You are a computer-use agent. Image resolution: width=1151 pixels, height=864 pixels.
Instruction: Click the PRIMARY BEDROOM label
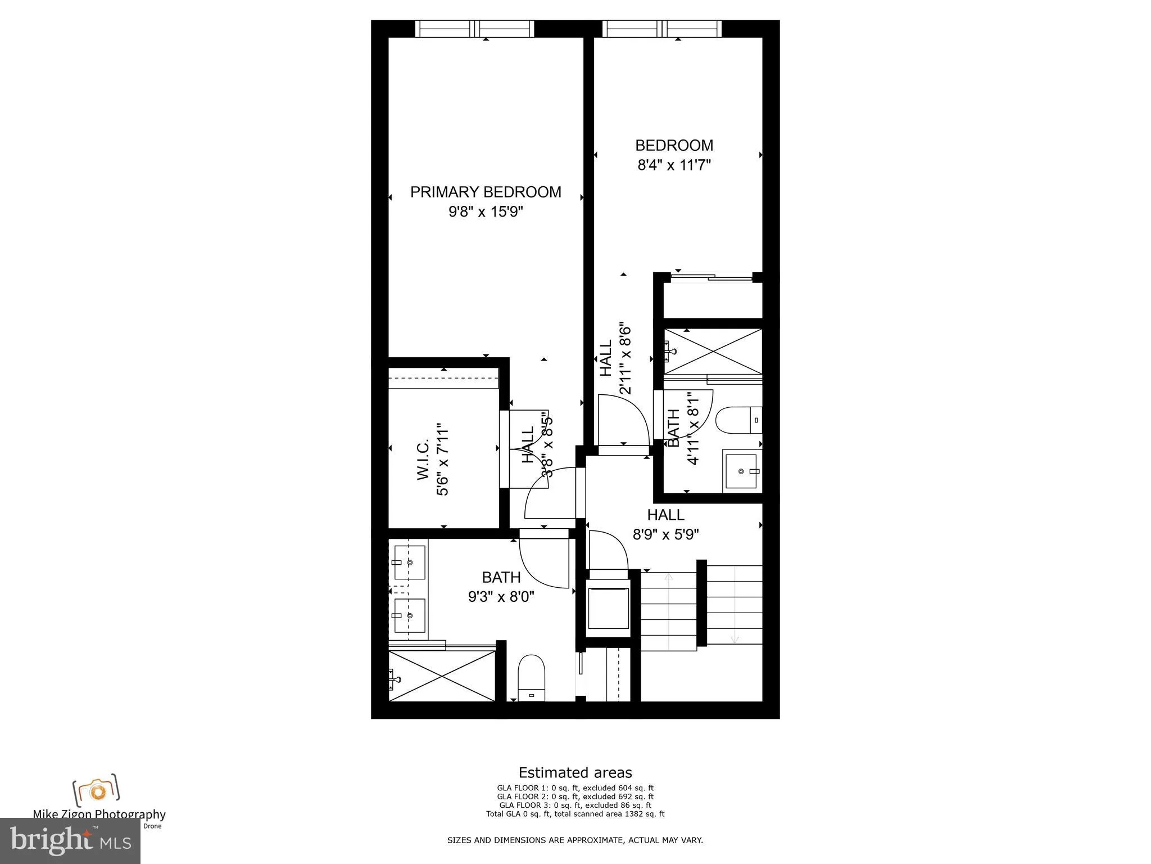486,192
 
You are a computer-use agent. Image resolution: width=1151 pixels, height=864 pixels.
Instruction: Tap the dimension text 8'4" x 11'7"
674,165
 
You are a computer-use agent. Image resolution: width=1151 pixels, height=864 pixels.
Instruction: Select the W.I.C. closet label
423,460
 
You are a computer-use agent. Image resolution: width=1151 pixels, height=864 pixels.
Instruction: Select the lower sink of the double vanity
409,615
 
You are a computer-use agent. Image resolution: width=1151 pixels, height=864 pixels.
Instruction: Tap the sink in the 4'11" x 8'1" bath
741,470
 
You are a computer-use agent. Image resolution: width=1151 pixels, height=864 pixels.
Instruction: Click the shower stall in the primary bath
442,676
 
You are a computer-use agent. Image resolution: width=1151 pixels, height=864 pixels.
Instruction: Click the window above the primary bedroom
475,28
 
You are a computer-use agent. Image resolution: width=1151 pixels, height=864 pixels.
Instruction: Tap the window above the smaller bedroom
662,28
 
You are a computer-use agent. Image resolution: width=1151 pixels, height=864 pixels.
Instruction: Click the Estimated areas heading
575,772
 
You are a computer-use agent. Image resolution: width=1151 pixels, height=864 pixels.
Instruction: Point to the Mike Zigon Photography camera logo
96,790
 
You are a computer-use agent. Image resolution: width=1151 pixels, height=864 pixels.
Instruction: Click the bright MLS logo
70,841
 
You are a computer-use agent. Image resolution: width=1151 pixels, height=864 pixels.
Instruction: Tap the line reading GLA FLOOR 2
575,796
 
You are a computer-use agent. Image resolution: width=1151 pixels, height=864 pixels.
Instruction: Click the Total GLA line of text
575,813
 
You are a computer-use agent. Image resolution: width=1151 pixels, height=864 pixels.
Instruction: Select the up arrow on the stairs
669,578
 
